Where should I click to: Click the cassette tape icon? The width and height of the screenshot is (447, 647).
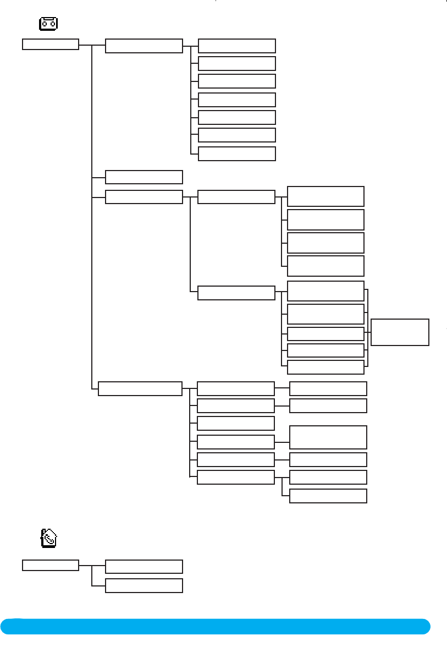(x=49, y=24)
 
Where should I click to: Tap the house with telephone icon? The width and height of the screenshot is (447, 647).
(x=49, y=538)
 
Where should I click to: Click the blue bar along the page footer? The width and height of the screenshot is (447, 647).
(x=220, y=626)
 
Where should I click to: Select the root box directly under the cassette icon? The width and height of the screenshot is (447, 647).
(x=51, y=44)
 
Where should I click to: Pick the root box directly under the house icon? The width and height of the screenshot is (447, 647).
(x=51, y=565)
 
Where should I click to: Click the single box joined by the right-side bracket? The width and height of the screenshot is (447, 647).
(x=400, y=332)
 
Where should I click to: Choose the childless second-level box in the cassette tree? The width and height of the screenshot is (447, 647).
(x=144, y=177)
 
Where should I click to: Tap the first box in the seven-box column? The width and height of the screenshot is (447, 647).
(x=236, y=46)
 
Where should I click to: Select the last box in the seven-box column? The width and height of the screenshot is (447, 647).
(x=236, y=153)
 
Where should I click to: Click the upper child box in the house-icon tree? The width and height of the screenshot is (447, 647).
(x=144, y=567)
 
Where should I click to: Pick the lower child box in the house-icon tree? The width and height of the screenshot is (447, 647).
(x=144, y=585)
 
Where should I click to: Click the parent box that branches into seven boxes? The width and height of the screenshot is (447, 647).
(x=144, y=46)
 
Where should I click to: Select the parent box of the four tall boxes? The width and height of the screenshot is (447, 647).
(x=236, y=197)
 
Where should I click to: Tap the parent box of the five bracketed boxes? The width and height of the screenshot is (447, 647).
(x=236, y=293)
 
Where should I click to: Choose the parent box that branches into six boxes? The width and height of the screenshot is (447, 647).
(x=140, y=388)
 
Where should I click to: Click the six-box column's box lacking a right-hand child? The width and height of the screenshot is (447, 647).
(x=235, y=423)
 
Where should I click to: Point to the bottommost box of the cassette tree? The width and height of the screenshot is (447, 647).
(x=328, y=496)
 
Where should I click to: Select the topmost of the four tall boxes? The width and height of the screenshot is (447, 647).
(x=325, y=196)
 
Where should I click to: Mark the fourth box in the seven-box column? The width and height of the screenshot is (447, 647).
(x=236, y=100)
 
